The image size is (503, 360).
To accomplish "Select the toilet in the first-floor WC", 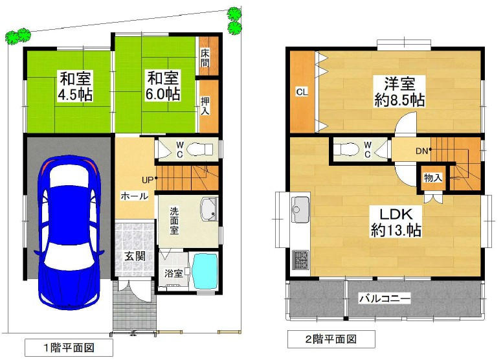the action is [x=199, y=149].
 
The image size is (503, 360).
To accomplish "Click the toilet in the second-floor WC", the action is [x=346, y=150].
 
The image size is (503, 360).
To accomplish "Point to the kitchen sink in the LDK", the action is [x=300, y=209].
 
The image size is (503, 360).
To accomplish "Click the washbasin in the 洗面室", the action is [x=209, y=209].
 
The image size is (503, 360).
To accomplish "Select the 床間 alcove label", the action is [x=205, y=58].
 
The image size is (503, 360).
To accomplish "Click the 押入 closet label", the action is [x=205, y=106].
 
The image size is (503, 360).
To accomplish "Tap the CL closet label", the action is [x=302, y=92].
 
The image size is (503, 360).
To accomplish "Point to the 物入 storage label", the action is [x=432, y=178].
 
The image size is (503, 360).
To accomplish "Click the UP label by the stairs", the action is [x=148, y=180].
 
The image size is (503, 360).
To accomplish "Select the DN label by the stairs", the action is [x=421, y=150].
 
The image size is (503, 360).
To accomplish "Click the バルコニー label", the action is [x=385, y=298].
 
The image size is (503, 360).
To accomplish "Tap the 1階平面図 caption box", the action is [x=69, y=348].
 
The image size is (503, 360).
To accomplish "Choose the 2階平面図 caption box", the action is [x=331, y=339].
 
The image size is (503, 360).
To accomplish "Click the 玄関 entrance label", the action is [x=135, y=256].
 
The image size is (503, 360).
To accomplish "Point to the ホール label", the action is [x=135, y=196].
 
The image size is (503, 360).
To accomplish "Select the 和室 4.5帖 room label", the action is [x=75, y=86].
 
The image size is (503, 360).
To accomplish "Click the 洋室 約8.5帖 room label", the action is [x=399, y=91].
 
